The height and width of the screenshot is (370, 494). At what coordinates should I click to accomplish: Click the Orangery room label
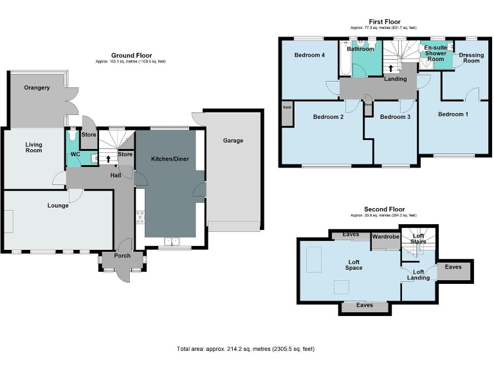(x=37, y=87)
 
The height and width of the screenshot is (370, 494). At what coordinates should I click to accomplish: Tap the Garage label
(x=233, y=140)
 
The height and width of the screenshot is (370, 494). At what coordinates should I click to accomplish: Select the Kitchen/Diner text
(x=170, y=159)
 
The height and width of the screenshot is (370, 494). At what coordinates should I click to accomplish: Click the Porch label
(x=122, y=256)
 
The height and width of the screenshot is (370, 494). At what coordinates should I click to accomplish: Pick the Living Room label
(x=33, y=148)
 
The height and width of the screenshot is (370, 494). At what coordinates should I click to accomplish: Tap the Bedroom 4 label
(x=309, y=55)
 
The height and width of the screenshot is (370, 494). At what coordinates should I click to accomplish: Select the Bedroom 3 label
(x=394, y=117)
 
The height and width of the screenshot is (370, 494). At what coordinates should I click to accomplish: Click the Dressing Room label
(x=471, y=58)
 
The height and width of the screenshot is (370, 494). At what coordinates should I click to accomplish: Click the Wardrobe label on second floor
(x=386, y=237)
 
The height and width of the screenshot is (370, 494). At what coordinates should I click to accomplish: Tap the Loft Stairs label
(x=418, y=239)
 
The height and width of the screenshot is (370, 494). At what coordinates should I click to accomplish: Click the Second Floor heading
(x=384, y=209)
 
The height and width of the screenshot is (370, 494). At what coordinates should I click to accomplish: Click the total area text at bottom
(x=246, y=349)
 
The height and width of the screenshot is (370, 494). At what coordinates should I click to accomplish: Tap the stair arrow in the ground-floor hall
(x=108, y=158)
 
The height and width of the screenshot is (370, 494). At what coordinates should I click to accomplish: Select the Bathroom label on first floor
(x=360, y=49)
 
